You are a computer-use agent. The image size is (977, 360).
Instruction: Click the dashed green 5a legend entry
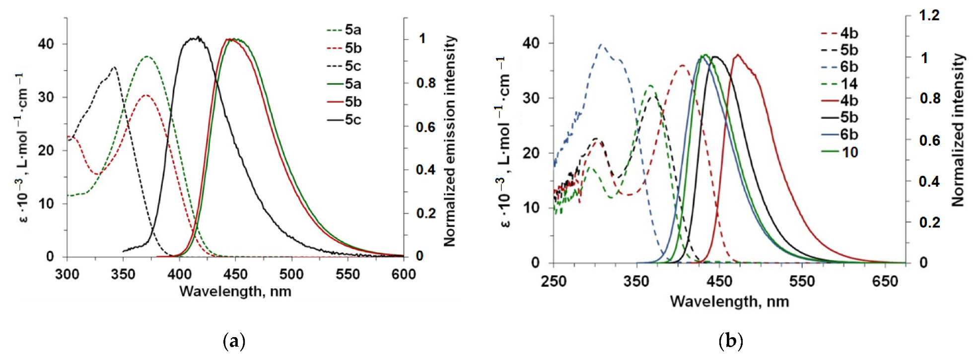(x=344, y=30)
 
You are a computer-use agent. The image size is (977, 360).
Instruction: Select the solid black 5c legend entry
(x=344, y=120)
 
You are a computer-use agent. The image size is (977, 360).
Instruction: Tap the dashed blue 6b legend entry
(x=839, y=67)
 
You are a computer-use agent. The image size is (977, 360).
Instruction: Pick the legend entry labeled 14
(x=839, y=84)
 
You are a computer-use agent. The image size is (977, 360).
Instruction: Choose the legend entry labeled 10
(x=839, y=152)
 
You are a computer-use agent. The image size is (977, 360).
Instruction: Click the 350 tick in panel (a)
(x=123, y=274)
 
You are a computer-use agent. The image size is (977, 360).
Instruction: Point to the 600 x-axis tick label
(x=403, y=274)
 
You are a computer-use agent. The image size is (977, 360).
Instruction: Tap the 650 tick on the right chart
(x=885, y=282)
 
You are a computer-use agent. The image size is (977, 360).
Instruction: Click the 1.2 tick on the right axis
(x=929, y=15)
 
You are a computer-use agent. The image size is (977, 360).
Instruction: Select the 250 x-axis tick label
(x=554, y=282)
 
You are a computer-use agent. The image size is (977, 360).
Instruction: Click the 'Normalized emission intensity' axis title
(x=449, y=141)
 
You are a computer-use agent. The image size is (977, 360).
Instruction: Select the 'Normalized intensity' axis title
(x=958, y=130)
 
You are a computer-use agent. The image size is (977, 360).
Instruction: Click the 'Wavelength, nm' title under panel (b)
(x=729, y=301)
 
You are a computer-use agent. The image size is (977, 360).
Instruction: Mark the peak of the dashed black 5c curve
(x=115, y=67)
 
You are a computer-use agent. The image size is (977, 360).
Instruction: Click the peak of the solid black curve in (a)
(x=198, y=37)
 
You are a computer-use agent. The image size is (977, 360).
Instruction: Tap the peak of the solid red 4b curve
(x=738, y=55)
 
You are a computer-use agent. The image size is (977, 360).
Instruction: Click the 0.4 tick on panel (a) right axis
(x=426, y=170)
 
